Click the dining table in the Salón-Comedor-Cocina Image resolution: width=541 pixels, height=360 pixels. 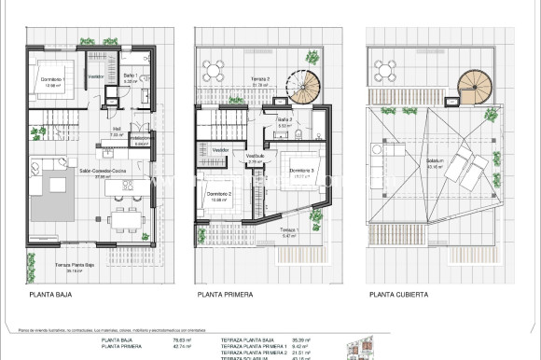(123, 221)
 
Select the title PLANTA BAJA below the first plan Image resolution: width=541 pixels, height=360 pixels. (51, 295)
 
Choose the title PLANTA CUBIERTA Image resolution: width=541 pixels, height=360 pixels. (399, 295)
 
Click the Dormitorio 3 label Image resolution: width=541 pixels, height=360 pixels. (299, 171)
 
